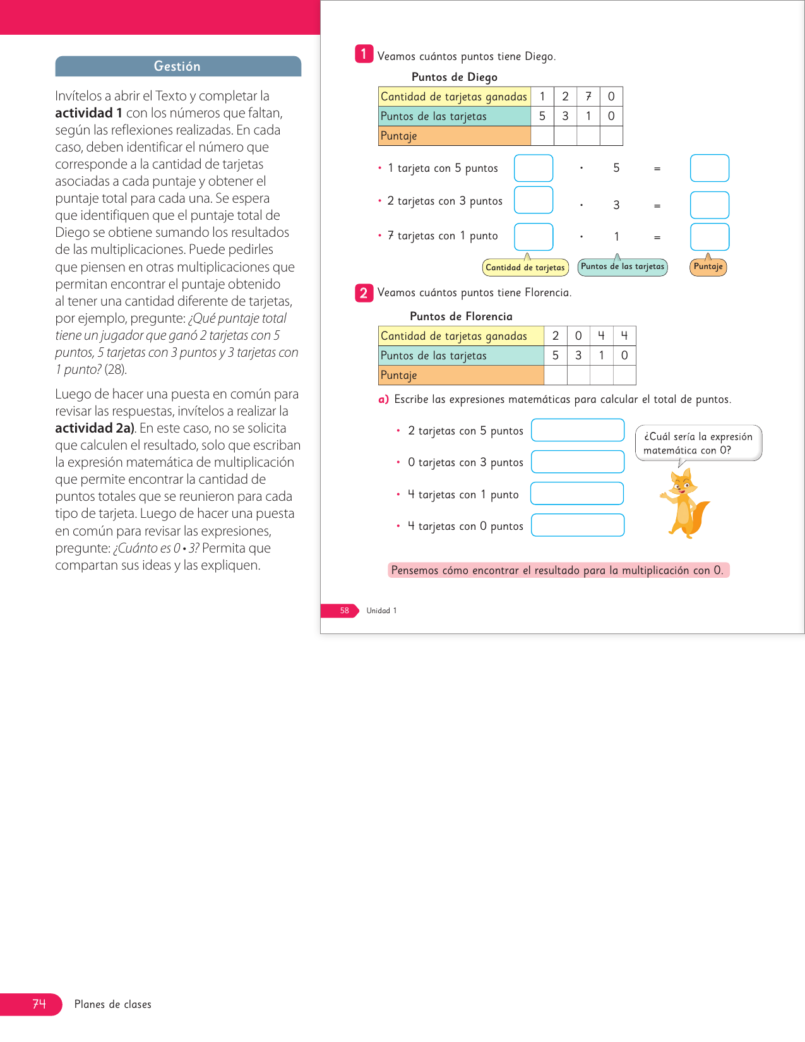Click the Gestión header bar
point(178,66)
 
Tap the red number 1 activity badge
point(364,54)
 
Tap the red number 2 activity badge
point(364,293)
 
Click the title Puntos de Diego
point(454,77)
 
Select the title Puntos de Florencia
point(461,316)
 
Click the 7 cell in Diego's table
point(588,97)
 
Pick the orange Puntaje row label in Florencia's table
point(461,375)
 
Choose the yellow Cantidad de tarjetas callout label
point(525,268)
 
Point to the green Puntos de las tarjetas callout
point(623,266)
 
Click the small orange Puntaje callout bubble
point(708,266)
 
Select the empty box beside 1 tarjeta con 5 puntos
point(534,168)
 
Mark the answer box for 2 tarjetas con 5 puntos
point(578,430)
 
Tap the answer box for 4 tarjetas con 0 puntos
point(578,525)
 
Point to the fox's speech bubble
point(698,443)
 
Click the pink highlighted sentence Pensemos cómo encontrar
point(558,570)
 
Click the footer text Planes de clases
point(113,1004)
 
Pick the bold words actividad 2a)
point(95,428)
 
